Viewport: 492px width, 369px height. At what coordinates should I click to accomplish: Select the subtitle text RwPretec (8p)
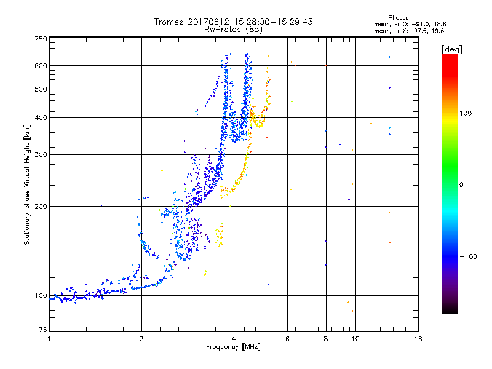[x=233, y=29]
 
